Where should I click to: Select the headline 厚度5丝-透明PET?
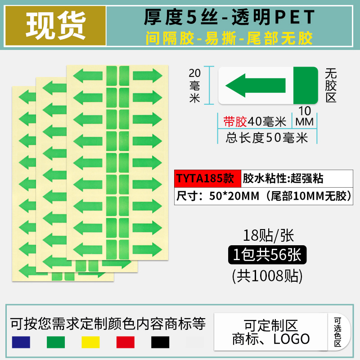pyautogui.click(x=229, y=17)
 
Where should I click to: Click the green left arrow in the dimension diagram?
pyautogui.click(x=255, y=85)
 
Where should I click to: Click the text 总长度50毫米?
pyautogui.click(x=267, y=137)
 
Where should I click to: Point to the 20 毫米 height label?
pyautogui.click(x=194, y=85)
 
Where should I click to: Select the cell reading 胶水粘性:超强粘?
pyautogui.click(x=283, y=179)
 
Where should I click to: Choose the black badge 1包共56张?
pyautogui.click(x=267, y=255)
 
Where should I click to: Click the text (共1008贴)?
pyautogui.click(x=267, y=274)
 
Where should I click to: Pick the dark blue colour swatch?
pyautogui.click(x=21, y=342)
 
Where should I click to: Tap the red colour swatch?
pyautogui.click(x=126, y=342)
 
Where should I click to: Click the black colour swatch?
pyautogui.click(x=160, y=342)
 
